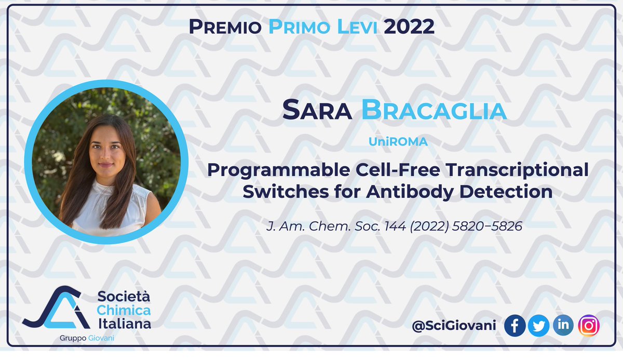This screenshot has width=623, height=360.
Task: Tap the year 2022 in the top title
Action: [x=409, y=26]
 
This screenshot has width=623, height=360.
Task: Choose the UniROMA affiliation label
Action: [x=398, y=141]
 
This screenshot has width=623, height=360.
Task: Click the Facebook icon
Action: [x=514, y=326]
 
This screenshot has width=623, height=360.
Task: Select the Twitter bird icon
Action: [x=538, y=326]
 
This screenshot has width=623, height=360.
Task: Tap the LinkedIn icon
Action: [x=563, y=326]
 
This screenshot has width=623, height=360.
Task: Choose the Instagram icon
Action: [x=588, y=326]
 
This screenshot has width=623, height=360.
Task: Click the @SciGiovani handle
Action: [x=454, y=326]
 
